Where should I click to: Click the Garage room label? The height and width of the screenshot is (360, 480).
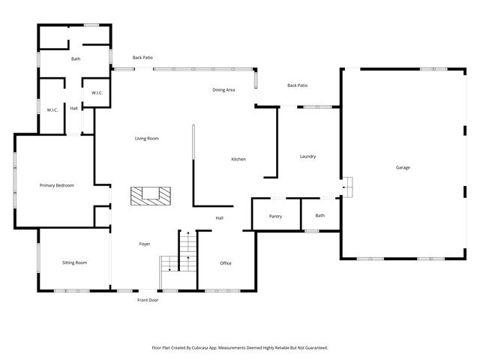click(x=403, y=167)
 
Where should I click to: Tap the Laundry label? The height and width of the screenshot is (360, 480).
click(x=307, y=157)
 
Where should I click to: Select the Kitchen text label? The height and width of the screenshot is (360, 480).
click(x=238, y=159)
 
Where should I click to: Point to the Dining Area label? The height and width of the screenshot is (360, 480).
click(x=223, y=90)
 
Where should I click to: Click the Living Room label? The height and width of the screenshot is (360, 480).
click(x=146, y=139)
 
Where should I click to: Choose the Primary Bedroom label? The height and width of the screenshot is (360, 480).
click(x=57, y=185)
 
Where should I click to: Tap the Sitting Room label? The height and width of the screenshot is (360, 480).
click(x=74, y=262)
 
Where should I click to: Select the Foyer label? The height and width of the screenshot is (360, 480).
click(x=145, y=244)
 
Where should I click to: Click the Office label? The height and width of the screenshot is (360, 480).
click(x=226, y=263)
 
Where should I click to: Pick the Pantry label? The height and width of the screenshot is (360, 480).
click(x=275, y=216)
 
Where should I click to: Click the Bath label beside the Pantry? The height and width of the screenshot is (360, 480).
click(x=320, y=216)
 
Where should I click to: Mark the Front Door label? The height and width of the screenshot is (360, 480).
click(x=147, y=300)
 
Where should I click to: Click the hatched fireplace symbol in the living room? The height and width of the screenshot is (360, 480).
click(x=151, y=195)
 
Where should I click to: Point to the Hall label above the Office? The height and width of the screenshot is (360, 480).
click(x=220, y=218)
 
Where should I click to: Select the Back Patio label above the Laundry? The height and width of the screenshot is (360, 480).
click(x=298, y=85)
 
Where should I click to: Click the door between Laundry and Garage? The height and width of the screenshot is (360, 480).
click(x=346, y=186)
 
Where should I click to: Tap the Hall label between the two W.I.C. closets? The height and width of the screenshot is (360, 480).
click(x=73, y=109)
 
